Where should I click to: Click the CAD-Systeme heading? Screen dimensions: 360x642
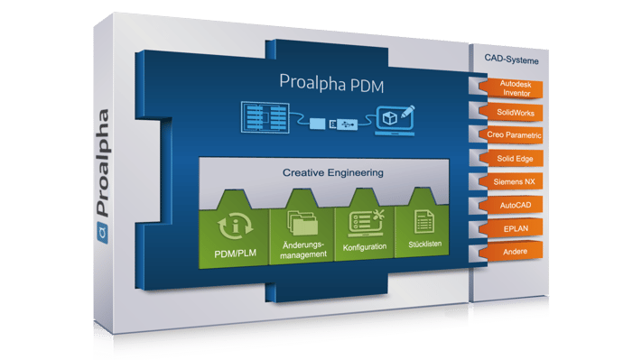(510, 60)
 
